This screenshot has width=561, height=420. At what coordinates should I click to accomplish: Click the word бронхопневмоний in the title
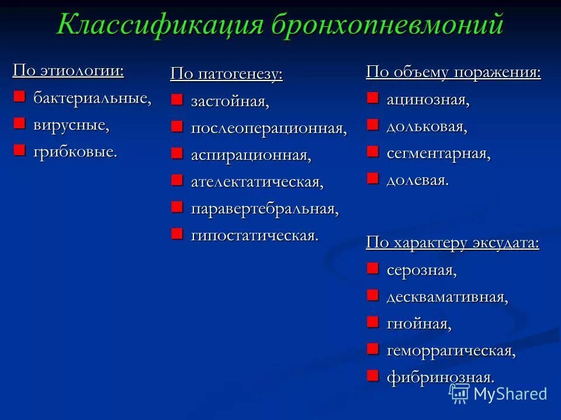pyautogui.click(x=386, y=25)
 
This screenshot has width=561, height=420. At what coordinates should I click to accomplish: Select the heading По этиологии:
pyautogui.click(x=68, y=71)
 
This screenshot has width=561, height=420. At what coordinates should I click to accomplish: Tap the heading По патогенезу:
pyautogui.click(x=226, y=74)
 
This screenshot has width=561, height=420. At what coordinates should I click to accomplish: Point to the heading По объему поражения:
pyautogui.click(x=453, y=72)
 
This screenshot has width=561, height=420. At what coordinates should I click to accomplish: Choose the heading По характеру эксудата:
pyautogui.click(x=452, y=243)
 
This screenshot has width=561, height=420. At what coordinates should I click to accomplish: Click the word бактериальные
pyautogui.click(x=92, y=98)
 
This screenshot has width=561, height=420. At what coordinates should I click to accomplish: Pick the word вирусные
pyautogui.click(x=71, y=125)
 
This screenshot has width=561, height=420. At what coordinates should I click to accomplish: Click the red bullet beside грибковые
pyautogui.click(x=20, y=150)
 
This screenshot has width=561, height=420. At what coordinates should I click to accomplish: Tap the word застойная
pyautogui.click(x=230, y=101)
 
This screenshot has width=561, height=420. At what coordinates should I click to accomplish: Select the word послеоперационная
pyautogui.click(x=269, y=128)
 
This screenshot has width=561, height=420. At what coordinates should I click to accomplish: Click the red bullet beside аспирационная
pyautogui.click(x=177, y=153)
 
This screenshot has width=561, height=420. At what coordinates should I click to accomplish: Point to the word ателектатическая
pyautogui.click(x=257, y=182)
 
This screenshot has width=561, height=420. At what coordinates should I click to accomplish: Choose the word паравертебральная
pyautogui.click(x=265, y=209)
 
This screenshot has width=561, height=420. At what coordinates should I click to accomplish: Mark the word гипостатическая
pyautogui.click(x=255, y=236)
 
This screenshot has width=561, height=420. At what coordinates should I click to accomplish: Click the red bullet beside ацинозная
pyautogui.click(x=373, y=98)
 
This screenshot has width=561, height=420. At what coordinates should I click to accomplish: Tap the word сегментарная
pyautogui.click(x=438, y=153)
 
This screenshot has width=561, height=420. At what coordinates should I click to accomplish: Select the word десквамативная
pyautogui.click(x=447, y=297)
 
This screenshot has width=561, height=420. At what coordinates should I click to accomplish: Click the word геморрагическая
pyautogui.click(x=451, y=351)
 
